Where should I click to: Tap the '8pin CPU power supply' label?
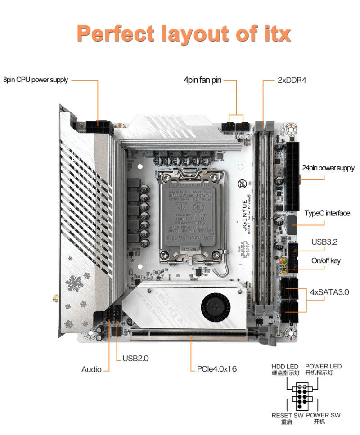(x=36, y=80)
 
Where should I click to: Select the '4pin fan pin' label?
(x=202, y=80)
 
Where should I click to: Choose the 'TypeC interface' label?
(x=327, y=213)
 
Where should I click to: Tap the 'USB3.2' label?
(x=324, y=242)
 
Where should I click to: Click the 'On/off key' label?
(x=326, y=261)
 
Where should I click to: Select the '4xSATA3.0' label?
(x=329, y=292)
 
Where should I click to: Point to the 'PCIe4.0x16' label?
(x=217, y=369)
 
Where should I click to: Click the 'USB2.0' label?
(x=135, y=359)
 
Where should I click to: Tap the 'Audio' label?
(x=91, y=369)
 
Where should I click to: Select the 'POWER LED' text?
(x=323, y=366)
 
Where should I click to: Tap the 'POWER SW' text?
(x=323, y=415)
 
